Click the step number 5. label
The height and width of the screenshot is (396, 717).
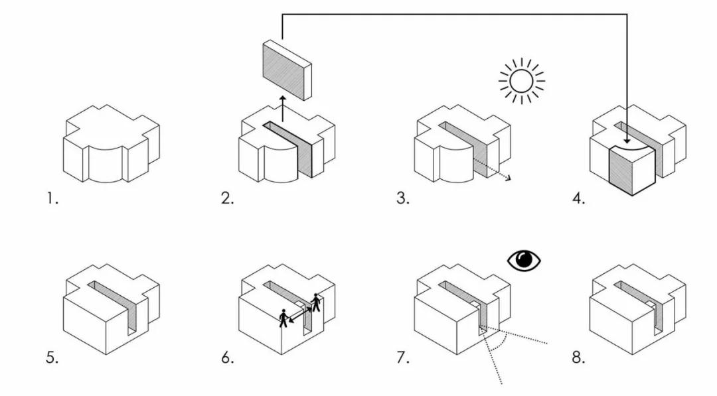coord(52,358)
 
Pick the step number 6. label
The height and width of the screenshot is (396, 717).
coord(228,358)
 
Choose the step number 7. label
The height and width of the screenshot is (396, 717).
coord(403,358)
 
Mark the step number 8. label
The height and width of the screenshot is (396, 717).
coord(579,358)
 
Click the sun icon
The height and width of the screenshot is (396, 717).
coord(521,81)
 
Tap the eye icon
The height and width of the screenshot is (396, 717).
coord(524,260)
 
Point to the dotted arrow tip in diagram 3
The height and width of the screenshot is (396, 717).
coord(508,178)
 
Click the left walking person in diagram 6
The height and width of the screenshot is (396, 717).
coord(284,318)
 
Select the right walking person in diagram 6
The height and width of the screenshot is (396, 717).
coord(316,303)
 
